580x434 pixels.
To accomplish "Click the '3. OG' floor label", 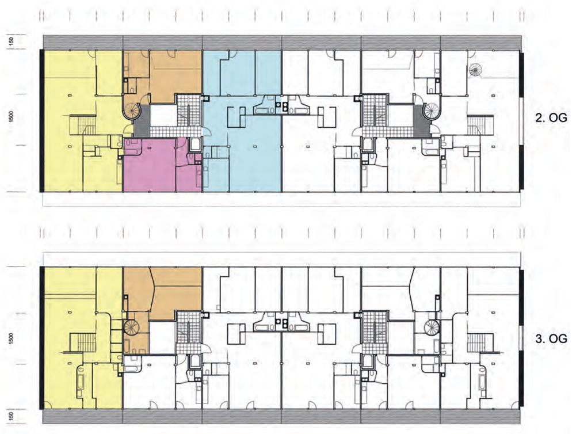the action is (x=551, y=338).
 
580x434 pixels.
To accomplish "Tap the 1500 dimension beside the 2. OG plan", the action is (x=12, y=116).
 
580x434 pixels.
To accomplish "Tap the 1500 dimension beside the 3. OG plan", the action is (x=12, y=338).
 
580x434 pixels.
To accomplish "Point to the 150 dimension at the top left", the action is (x=12, y=40).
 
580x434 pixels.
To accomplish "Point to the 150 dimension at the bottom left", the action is (x=12, y=416).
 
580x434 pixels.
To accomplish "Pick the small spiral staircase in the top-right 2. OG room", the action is (x=475, y=70).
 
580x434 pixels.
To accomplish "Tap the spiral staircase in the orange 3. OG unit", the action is (x=131, y=327).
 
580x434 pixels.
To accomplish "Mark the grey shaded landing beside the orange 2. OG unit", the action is (x=142, y=120).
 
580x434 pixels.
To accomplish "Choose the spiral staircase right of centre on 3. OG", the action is (x=432, y=327).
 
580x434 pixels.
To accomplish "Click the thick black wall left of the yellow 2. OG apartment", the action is (x=42, y=121).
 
